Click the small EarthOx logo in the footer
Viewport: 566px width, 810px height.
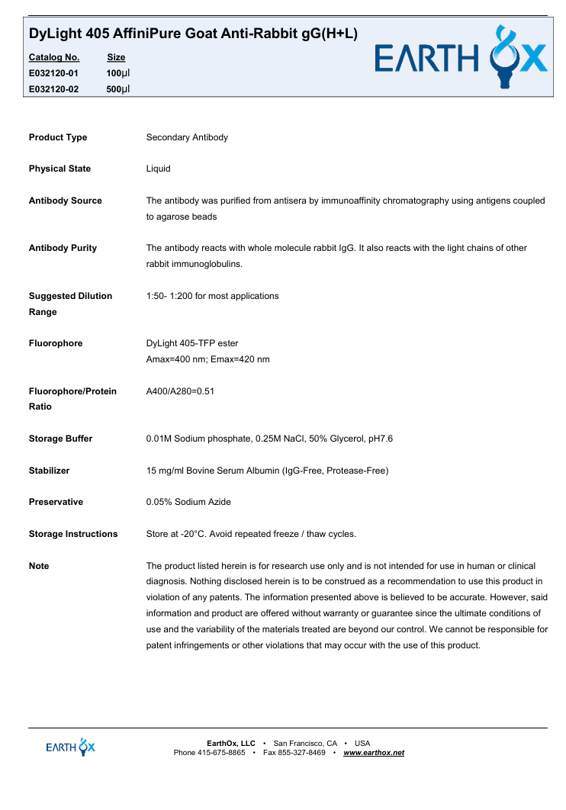pos(71,747)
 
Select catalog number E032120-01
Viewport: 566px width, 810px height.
pos(53,73)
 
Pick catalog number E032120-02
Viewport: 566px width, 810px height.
pos(53,89)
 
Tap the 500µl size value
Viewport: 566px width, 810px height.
pos(118,89)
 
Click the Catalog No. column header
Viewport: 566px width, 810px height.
pos(53,57)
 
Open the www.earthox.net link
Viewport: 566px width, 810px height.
pos(374,753)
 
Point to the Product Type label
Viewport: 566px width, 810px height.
pos(58,137)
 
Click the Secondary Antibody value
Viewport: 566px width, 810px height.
pos(187,137)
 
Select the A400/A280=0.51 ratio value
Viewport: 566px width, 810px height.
pos(180,391)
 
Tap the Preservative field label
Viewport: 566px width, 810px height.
pos(56,502)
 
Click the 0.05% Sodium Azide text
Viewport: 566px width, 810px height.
pos(188,502)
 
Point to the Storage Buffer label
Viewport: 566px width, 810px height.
pos(60,439)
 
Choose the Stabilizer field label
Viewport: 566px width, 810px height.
pos(49,471)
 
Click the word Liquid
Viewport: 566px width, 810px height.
pos(158,169)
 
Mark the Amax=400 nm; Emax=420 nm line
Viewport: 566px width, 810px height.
pos(207,359)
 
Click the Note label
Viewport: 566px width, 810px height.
pos(39,566)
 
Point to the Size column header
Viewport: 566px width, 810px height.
pos(116,57)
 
